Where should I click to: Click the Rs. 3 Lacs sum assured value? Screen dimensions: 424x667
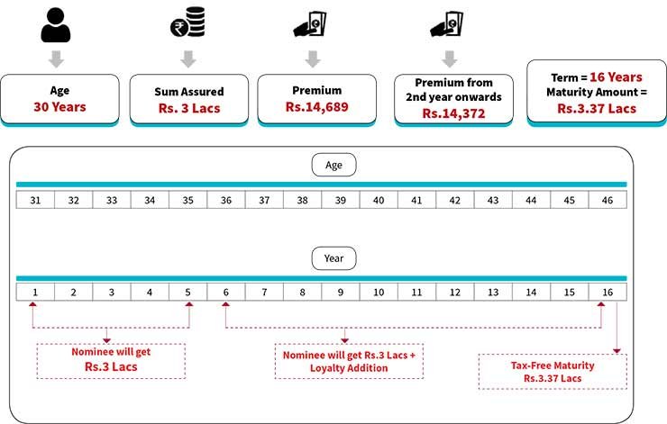[x=187, y=109]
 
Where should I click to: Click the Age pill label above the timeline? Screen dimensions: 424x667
[x=333, y=166]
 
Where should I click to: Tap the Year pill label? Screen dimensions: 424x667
[x=333, y=259]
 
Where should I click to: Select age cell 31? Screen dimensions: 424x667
[x=35, y=200]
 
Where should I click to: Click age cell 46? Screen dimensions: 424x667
[x=608, y=200]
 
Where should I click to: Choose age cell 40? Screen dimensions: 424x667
[x=379, y=200]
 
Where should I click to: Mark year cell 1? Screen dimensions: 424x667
[x=35, y=293]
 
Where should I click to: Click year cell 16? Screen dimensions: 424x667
[x=608, y=293]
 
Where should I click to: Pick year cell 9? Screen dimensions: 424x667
[x=341, y=293]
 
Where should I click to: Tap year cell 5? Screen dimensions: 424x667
[x=187, y=293]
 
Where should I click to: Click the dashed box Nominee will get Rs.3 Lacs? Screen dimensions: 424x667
[x=110, y=358]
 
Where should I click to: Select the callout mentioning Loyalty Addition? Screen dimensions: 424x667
[x=345, y=361]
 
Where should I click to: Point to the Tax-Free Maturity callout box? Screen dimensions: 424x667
[x=553, y=371]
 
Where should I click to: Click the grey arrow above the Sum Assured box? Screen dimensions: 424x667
[x=187, y=59]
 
